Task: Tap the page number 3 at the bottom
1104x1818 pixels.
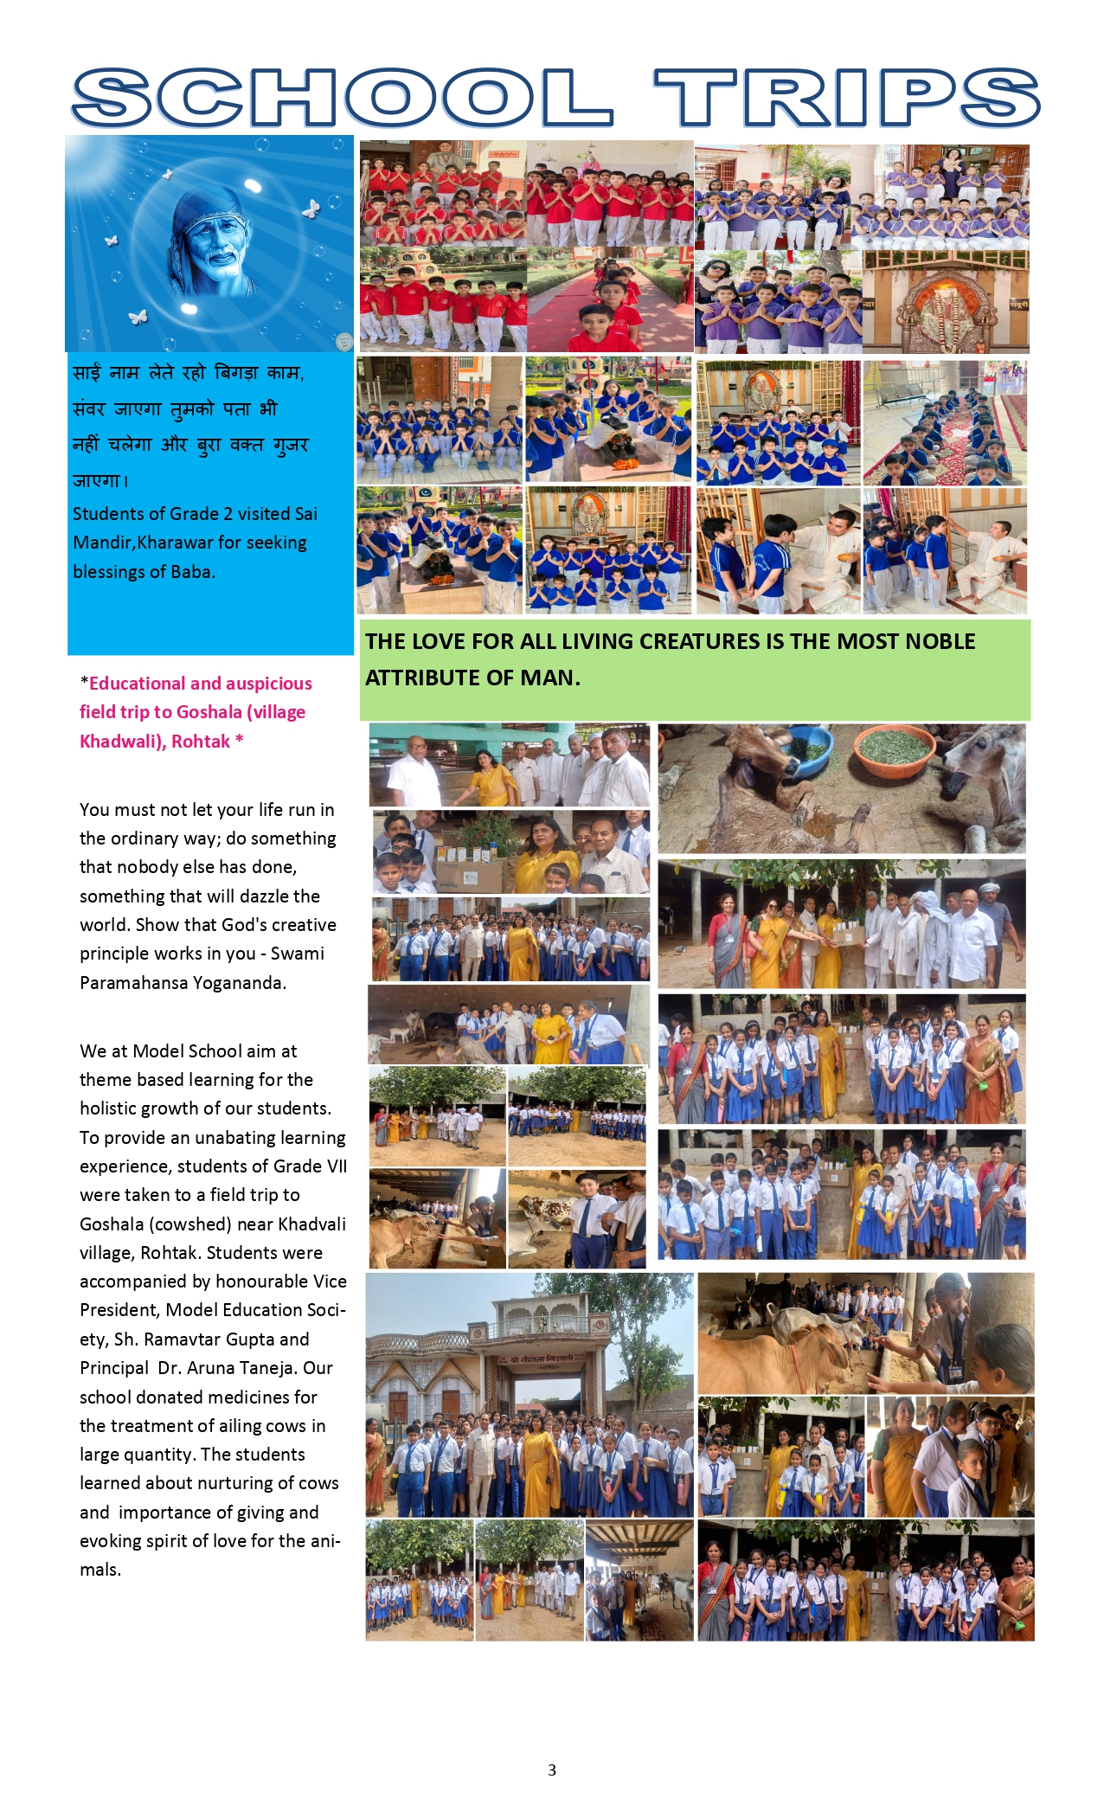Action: [x=552, y=1770]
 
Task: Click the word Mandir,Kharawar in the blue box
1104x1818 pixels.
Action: [x=189, y=543]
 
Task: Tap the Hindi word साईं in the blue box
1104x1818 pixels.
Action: [x=87, y=373]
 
